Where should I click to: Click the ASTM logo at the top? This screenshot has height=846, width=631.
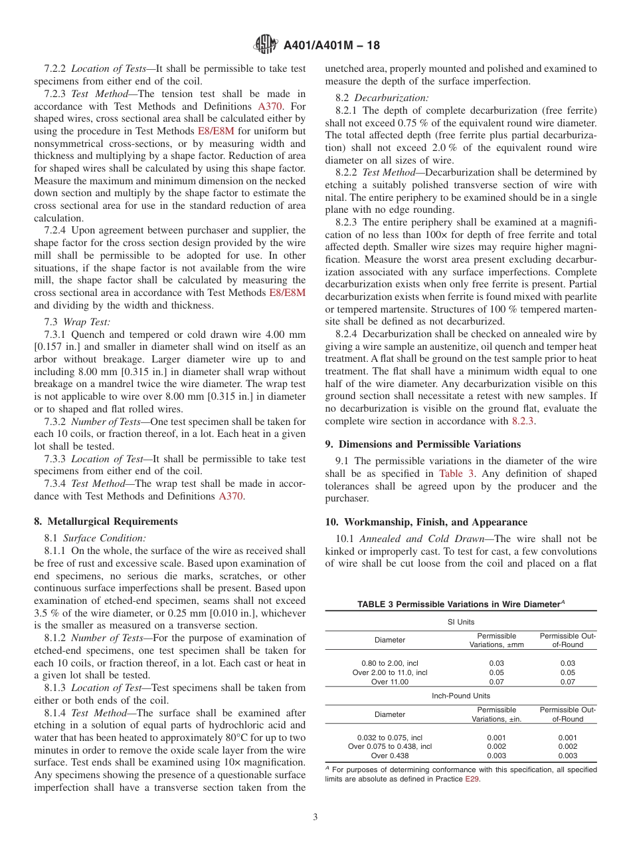click(x=266, y=45)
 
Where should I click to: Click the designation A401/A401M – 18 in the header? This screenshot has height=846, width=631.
click(x=331, y=45)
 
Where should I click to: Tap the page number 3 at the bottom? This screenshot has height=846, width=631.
click(x=315, y=817)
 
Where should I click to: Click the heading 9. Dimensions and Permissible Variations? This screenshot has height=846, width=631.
click(x=422, y=444)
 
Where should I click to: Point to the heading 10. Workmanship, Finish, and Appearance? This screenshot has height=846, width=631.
click(x=426, y=522)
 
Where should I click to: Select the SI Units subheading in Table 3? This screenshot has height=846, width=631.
click(x=460, y=622)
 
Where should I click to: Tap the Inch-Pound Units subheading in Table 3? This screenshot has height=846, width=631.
click(x=460, y=696)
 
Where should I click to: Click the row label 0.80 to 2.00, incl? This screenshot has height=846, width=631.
click(x=389, y=663)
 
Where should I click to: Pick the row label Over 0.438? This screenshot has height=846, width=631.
click(x=389, y=756)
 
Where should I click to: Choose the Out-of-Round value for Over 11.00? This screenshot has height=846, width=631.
click(x=567, y=682)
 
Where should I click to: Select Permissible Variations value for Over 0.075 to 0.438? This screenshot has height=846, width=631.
click(x=496, y=746)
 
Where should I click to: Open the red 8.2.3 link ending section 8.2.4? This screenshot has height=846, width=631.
click(x=523, y=421)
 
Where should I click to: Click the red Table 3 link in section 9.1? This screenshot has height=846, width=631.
click(x=456, y=474)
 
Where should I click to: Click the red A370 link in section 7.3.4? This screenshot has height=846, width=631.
click(x=230, y=496)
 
